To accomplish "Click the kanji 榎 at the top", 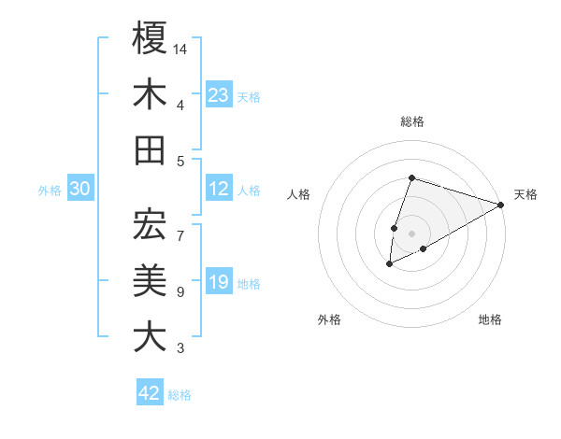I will [150, 38].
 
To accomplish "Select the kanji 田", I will [150, 149].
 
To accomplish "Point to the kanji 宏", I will [150, 224].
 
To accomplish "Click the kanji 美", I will [150, 280].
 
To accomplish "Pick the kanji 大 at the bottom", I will [150, 336].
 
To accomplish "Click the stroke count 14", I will [181, 48].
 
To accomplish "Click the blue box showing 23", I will [218, 95].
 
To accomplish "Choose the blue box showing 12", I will [218, 190].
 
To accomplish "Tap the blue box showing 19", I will [218, 283].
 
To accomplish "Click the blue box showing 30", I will [79, 190].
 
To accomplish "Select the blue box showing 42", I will [149, 393].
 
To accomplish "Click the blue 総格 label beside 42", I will [180, 395].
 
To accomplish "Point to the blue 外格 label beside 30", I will [50, 191].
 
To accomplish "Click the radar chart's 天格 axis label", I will [525, 194].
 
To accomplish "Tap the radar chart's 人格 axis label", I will [299, 194].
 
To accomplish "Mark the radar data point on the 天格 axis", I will [501, 205].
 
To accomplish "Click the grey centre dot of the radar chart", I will [411, 232].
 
